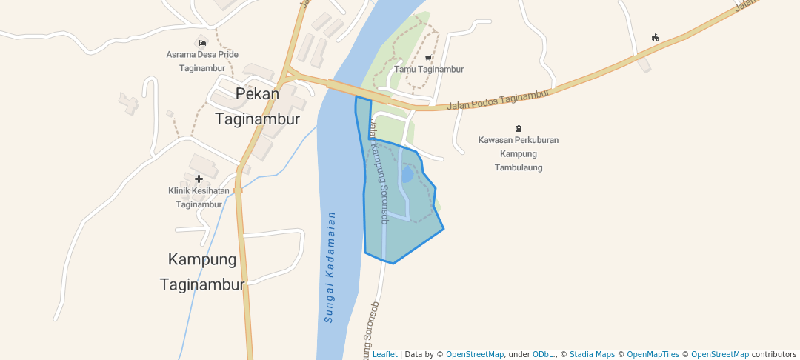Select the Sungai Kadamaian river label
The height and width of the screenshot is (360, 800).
(x=330, y=267)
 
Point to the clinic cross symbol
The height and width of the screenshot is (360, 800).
(x=199, y=179)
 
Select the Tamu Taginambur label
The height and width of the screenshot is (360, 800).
(x=429, y=69)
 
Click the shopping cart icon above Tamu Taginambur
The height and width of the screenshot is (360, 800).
(x=428, y=56)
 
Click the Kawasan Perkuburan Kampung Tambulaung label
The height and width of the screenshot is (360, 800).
(x=519, y=153)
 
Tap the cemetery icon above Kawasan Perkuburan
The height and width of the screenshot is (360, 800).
(x=519, y=128)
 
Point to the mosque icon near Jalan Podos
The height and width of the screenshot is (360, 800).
(x=655, y=38)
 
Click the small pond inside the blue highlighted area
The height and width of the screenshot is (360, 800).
(x=407, y=176)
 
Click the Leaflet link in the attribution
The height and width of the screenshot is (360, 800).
(x=384, y=354)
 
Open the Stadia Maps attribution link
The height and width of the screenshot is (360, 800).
(x=590, y=354)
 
